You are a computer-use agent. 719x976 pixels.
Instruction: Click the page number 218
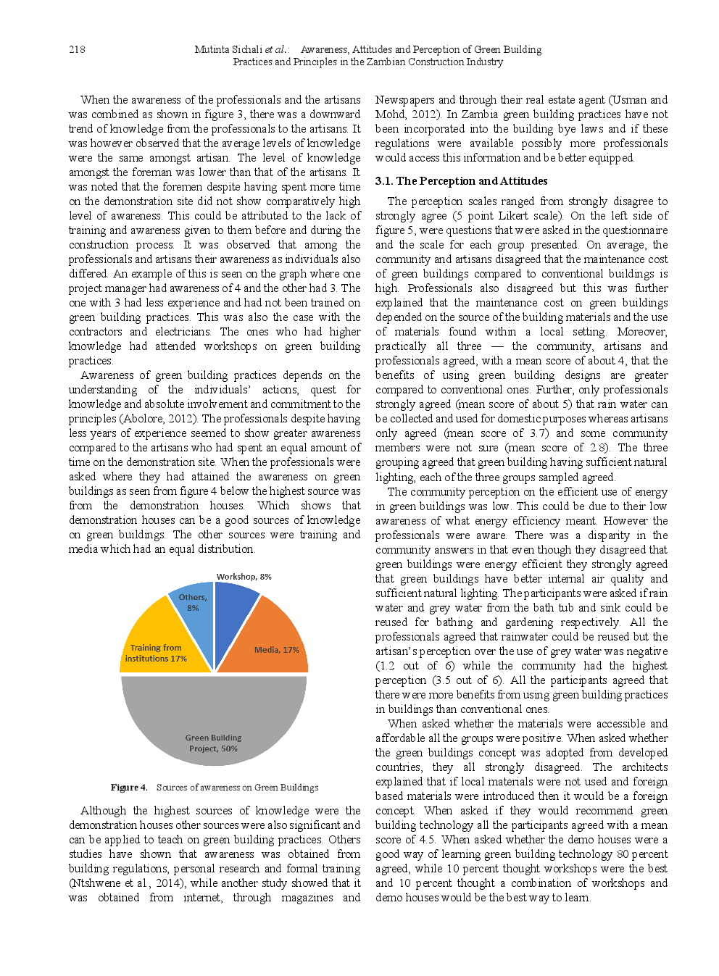pos(77,49)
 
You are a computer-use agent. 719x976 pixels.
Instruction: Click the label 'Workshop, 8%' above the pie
pos(244,577)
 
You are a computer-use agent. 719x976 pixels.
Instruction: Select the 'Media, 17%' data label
pos(276,650)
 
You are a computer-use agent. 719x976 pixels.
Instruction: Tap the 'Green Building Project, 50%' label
pos(213,743)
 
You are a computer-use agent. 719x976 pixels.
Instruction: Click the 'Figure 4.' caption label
pos(129,788)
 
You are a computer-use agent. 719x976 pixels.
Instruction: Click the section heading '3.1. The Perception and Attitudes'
pos(461,181)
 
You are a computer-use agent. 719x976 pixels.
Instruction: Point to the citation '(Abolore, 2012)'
pos(159,419)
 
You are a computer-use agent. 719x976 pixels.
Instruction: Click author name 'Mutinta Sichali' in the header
pos(228,49)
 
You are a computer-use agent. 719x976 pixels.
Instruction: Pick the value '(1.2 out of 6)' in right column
pos(415,666)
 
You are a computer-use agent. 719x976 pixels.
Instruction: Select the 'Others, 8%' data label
pos(193,603)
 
